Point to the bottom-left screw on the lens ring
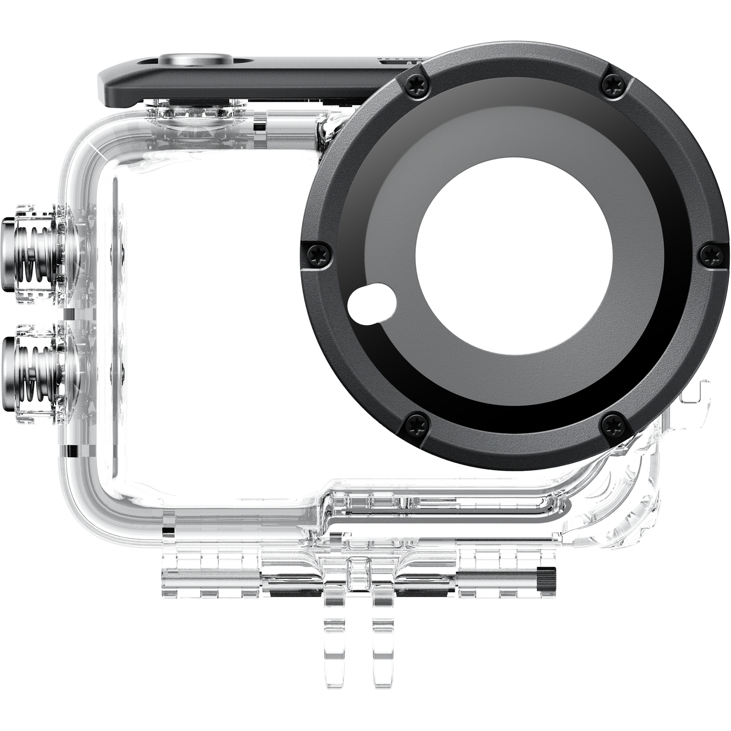(x=416, y=422)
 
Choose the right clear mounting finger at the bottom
(x=385, y=634)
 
